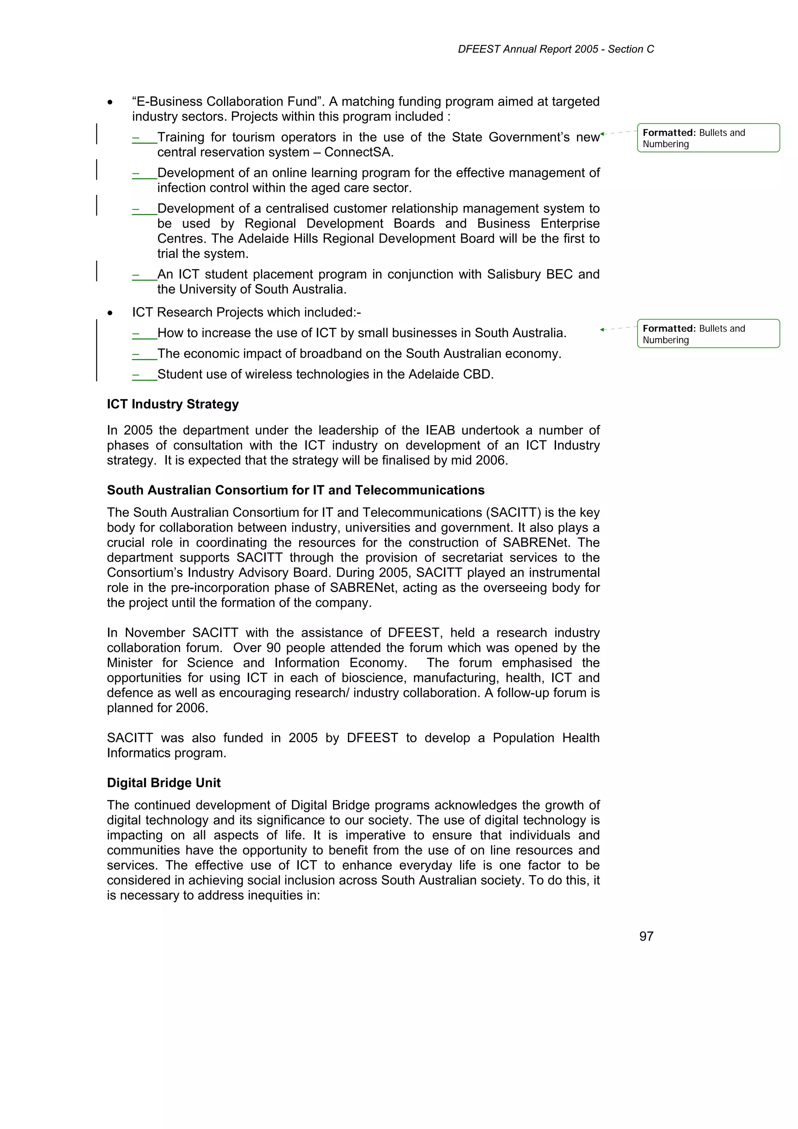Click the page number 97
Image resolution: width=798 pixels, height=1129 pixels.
646,936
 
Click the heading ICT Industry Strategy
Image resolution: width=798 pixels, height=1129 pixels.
173,404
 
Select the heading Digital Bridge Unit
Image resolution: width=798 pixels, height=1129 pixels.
164,783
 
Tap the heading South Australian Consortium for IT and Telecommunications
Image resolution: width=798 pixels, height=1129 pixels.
295,490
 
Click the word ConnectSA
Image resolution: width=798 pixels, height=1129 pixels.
359,152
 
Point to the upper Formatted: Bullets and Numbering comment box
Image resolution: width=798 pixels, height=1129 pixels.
708,138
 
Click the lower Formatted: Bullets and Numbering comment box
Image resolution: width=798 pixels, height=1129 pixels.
708,334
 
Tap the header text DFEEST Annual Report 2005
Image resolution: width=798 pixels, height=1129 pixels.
528,49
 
